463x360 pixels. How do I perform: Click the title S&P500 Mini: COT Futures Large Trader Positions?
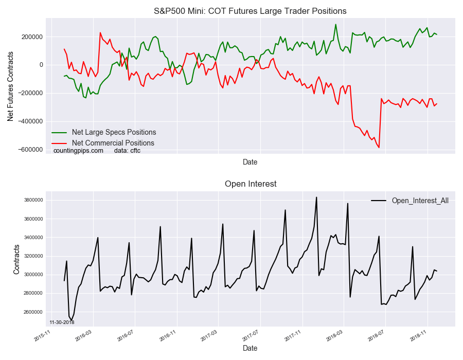[250, 11]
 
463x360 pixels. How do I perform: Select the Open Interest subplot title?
[250, 184]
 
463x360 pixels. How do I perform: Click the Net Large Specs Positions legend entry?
[114, 132]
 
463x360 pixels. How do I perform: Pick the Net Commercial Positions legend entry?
[113, 143]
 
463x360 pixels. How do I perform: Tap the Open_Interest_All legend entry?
[420, 201]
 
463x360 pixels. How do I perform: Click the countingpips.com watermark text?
[78, 151]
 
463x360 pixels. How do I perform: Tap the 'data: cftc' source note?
[127, 151]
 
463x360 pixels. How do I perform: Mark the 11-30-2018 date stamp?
[62, 322]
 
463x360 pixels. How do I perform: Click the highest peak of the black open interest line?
[316, 197]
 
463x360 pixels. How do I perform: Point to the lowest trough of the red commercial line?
[379, 148]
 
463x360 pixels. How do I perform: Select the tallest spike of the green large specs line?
[336, 24]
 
